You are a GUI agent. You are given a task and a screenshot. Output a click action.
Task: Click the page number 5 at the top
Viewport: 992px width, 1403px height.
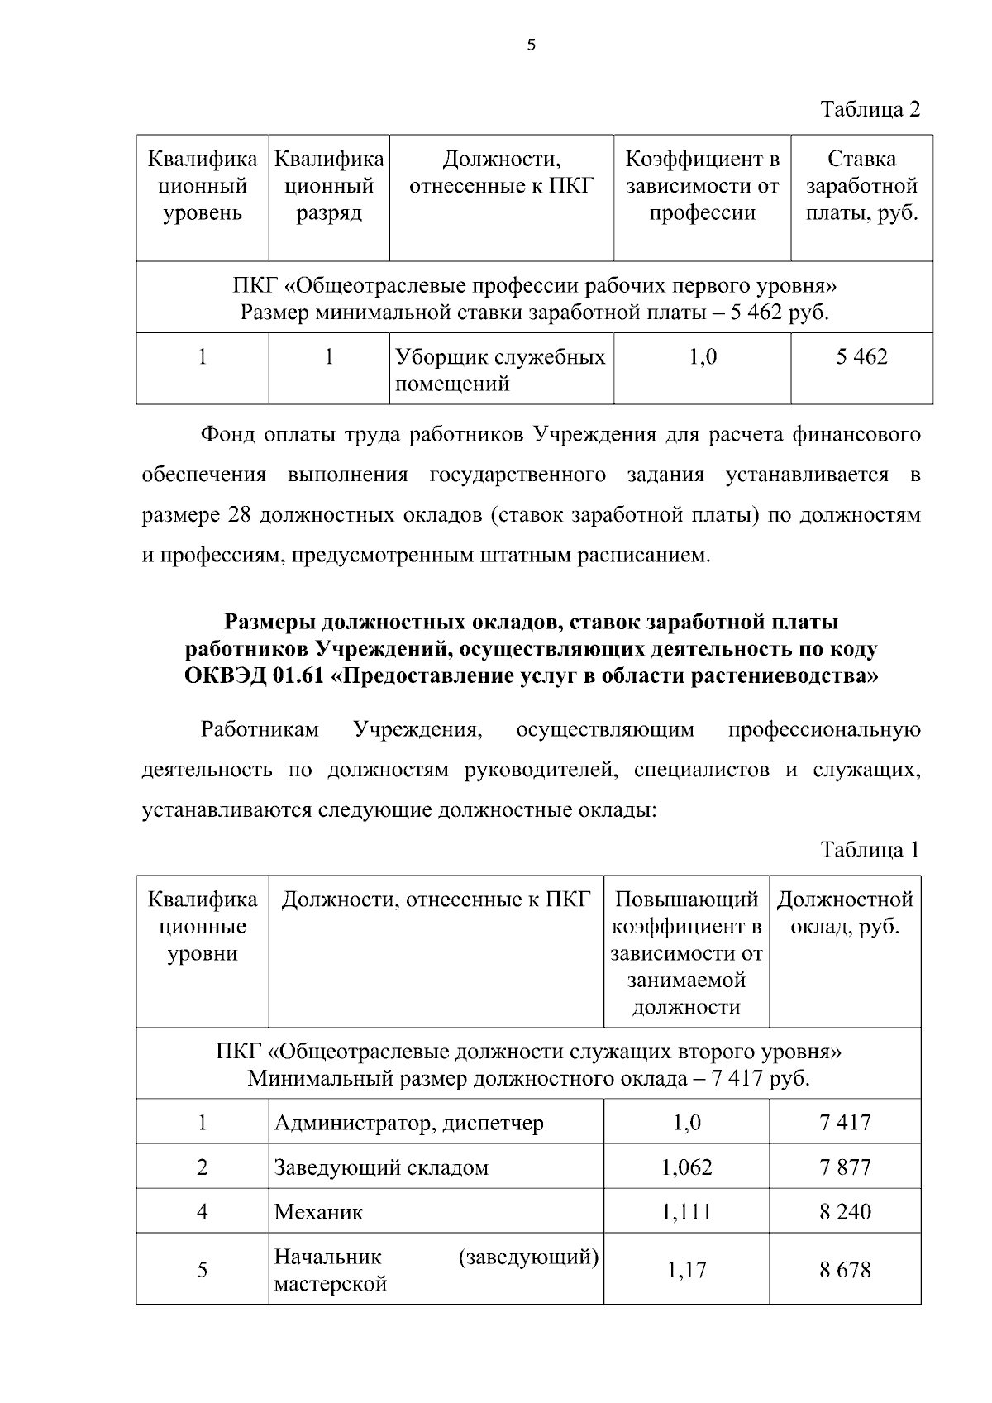(531, 46)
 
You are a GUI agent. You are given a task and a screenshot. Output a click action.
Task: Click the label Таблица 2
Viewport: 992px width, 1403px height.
(870, 109)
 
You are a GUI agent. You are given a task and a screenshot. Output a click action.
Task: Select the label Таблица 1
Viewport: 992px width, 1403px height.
(870, 850)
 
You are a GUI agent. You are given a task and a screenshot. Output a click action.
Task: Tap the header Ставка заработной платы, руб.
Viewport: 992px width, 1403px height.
(861, 186)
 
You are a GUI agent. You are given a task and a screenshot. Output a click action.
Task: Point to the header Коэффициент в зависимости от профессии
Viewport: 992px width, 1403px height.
(702, 186)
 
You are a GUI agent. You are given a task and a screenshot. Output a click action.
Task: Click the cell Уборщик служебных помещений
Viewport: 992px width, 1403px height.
(500, 370)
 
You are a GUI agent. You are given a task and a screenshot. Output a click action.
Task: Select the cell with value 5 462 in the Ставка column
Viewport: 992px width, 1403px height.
(861, 357)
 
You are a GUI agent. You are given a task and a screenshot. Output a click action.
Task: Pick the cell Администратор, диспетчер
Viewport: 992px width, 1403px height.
(409, 1123)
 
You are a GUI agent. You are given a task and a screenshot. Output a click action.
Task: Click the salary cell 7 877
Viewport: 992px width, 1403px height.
(845, 1167)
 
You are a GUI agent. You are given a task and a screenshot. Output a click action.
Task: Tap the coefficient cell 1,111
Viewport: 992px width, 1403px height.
(686, 1212)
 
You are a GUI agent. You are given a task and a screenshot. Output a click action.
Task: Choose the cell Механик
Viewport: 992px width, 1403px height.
(319, 1213)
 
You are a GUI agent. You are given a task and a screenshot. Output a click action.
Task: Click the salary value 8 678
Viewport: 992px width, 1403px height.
(845, 1270)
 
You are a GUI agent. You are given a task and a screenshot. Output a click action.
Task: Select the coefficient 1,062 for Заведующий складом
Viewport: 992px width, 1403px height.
(686, 1167)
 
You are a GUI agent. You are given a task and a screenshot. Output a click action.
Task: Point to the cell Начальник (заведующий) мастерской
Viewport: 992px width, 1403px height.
(436, 1271)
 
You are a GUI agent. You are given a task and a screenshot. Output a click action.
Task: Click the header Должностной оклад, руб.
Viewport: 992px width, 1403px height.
(845, 913)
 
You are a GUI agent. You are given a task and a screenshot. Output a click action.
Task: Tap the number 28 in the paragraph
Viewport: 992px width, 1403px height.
(234, 515)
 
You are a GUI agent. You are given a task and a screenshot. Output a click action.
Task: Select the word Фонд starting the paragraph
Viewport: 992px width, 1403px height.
(227, 435)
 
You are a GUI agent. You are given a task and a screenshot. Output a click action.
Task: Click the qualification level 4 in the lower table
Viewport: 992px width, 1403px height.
(203, 1212)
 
